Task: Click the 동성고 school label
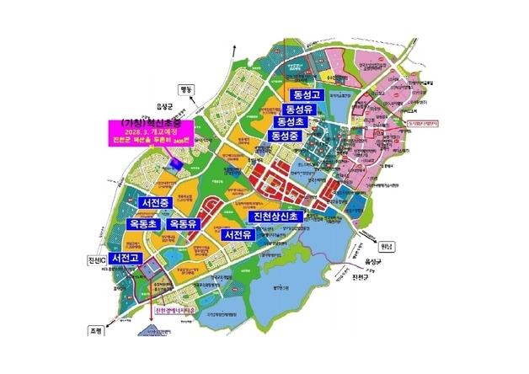306,94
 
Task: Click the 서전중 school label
158,203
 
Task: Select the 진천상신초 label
286,217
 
